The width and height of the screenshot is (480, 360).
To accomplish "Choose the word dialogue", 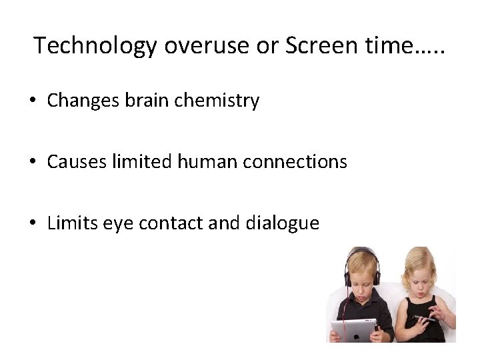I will tap(290, 223).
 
